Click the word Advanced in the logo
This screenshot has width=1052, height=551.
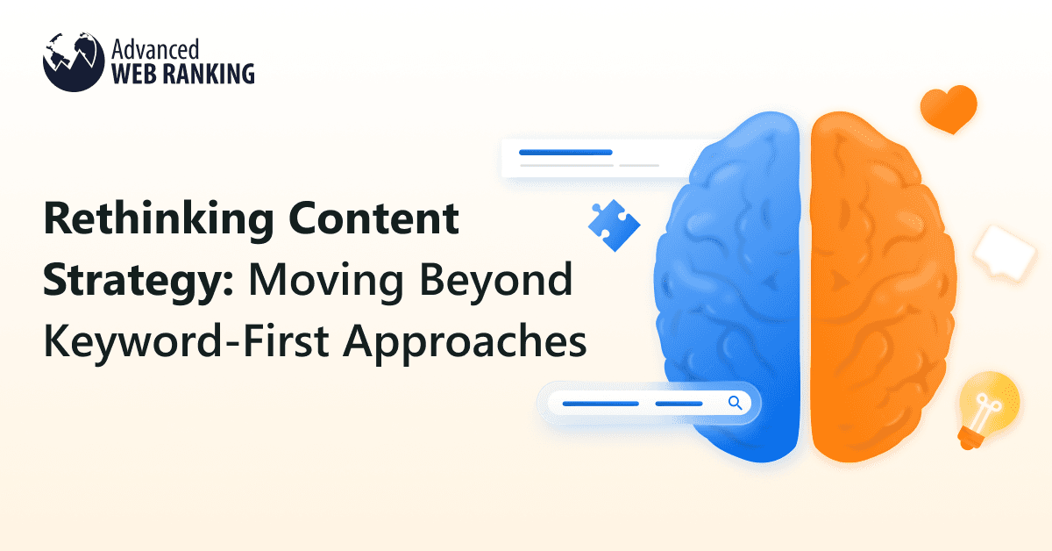(151, 48)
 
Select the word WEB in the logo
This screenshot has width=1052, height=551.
(138, 73)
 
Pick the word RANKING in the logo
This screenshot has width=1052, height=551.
(210, 73)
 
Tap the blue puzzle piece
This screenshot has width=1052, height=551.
(614, 222)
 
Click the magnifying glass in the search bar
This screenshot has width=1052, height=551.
(735, 403)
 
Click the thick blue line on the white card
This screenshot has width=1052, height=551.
(565, 152)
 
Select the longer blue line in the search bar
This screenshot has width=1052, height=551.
(601, 404)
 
